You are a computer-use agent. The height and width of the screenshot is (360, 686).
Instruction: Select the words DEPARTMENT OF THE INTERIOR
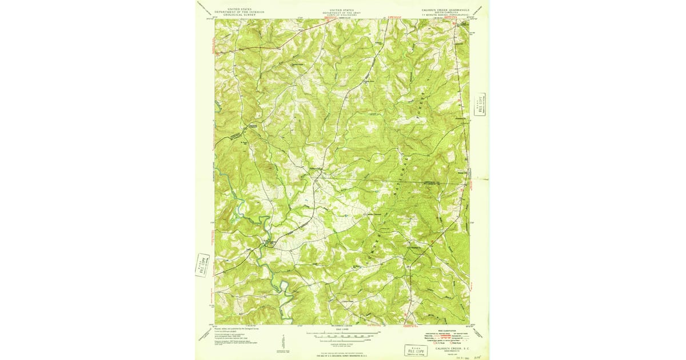click(233, 11)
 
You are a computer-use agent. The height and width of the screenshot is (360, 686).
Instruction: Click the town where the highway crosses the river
click(269, 244)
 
